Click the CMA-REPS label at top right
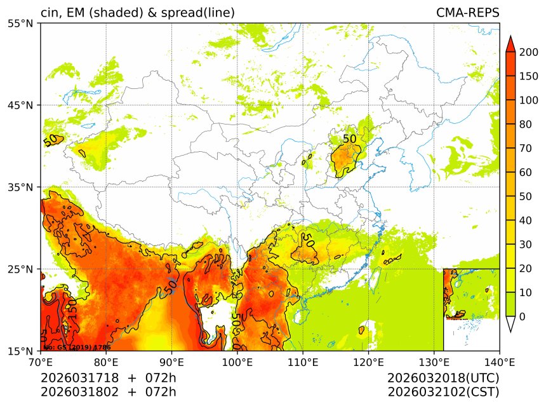pyautogui.click(x=467, y=13)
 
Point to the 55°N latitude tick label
pyautogui.click(x=23, y=24)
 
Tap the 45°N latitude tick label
pyautogui.click(x=23, y=105)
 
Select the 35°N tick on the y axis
pyautogui.click(x=23, y=187)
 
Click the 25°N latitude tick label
pyautogui.click(x=23, y=269)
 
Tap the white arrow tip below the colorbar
pyautogui.click(x=510, y=325)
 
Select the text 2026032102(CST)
pyautogui.click(x=443, y=391)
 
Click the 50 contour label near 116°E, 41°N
pyautogui.click(x=349, y=139)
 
